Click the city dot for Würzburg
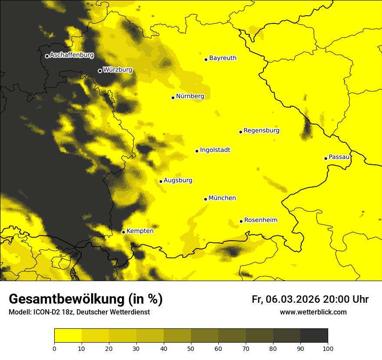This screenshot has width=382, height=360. click(100, 71)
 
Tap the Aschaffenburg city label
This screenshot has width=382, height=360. click(72, 55)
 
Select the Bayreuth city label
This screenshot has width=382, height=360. click(223, 58)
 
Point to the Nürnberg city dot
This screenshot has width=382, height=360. click(173, 98)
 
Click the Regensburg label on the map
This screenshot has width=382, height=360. click(261, 131)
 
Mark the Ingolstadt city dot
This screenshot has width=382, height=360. click(197, 151)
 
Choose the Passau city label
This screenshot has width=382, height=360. click(339, 157)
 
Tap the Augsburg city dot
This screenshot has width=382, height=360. click(161, 181)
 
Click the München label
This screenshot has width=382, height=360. click(222, 198)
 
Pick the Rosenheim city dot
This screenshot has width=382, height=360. click(241, 221)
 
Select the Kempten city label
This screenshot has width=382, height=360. click(140, 231)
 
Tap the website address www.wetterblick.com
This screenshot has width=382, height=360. click(313, 312)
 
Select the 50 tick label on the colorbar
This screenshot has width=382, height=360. click(191, 348)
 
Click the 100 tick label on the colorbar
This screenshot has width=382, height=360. click(328, 348)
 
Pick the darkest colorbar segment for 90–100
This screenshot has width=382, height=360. click(314, 336)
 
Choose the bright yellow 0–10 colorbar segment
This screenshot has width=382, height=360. click(68, 336)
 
